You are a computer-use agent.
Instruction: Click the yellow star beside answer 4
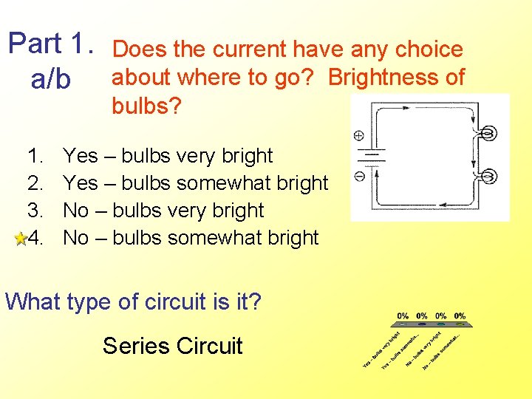[21, 239]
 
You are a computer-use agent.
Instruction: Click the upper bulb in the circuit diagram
[487, 134]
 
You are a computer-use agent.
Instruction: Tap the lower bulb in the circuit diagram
[487, 177]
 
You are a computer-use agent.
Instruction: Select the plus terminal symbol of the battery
[358, 135]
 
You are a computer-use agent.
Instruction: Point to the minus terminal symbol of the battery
[358, 177]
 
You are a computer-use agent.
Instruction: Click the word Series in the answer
[133, 346]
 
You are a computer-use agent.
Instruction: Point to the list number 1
[35, 156]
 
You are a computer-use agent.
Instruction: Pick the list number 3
[35, 211]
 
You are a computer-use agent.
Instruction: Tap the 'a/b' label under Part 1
[50, 79]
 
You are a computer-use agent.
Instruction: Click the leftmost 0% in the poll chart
[403, 316]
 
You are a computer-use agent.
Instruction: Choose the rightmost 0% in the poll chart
[460, 316]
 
